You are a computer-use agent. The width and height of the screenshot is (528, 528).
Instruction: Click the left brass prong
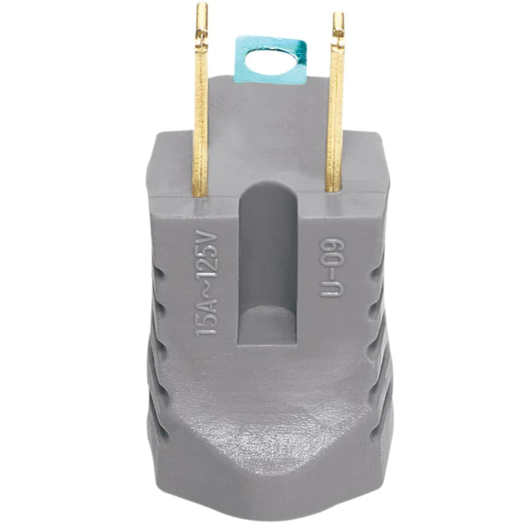coord(201,102)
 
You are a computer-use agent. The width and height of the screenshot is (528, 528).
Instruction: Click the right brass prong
coord(335,102)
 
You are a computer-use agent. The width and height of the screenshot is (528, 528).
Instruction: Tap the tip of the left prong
coord(201,8)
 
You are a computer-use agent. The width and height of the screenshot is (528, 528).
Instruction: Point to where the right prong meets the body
coord(333,189)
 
